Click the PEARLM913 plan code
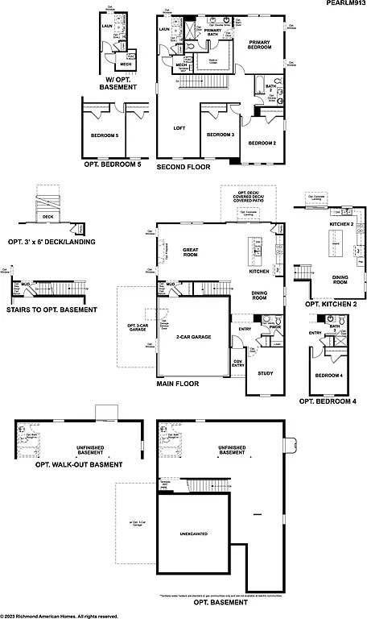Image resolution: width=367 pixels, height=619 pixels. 344,4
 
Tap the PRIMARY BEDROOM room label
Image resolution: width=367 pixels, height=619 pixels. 260,45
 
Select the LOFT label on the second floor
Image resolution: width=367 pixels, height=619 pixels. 179,128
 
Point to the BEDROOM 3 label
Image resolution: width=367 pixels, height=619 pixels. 221,135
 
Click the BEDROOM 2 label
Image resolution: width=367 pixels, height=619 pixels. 262,143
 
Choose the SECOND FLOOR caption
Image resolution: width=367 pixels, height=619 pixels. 183,168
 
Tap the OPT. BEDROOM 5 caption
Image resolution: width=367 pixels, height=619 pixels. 112,164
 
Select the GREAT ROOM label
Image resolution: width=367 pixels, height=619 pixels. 190,252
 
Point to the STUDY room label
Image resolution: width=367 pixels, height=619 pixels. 265,373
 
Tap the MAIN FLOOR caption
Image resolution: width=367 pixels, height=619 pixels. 177,384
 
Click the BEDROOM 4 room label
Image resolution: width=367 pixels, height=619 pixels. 328,376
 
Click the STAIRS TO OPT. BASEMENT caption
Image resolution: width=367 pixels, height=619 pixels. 52,309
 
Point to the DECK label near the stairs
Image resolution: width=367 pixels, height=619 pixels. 47,216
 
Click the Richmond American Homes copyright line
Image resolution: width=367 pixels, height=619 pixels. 60,615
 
